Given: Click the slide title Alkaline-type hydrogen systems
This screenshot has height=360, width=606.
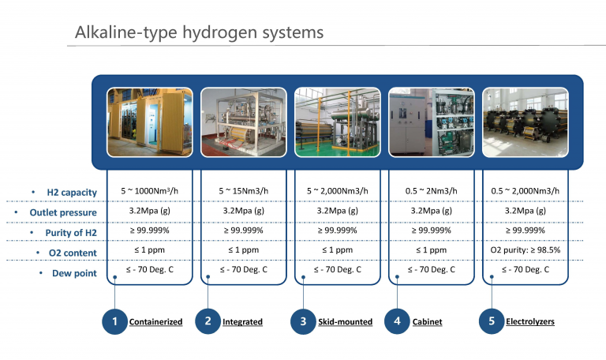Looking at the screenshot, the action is click(x=199, y=32).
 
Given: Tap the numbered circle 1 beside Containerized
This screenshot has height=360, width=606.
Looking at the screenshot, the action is click(x=114, y=321).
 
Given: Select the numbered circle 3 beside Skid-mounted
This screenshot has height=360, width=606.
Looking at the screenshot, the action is click(x=303, y=321).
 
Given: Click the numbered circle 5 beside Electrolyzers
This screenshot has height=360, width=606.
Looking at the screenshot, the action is click(x=492, y=321).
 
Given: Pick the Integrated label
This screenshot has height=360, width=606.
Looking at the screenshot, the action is click(x=242, y=322).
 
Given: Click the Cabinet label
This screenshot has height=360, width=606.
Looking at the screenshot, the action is click(x=427, y=322).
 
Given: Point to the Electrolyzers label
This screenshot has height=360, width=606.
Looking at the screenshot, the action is click(x=530, y=321).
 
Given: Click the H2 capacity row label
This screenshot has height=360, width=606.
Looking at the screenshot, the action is click(x=72, y=192).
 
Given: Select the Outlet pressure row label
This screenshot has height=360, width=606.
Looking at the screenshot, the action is click(x=63, y=212).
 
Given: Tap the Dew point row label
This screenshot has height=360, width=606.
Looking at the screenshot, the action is click(x=75, y=273).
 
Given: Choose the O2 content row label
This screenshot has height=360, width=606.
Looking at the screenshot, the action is click(x=73, y=253).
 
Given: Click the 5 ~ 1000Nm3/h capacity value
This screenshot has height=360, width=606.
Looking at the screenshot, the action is click(x=150, y=190).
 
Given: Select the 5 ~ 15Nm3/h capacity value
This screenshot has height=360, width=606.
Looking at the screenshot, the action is click(x=244, y=190).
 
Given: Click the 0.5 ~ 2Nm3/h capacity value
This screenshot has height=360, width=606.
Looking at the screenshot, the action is click(x=432, y=190).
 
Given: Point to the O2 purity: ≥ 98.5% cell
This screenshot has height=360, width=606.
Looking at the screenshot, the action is click(x=526, y=249).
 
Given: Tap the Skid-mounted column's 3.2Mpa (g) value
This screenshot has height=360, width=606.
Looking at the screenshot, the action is click(x=338, y=211).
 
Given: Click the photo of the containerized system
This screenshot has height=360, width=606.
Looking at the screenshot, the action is click(x=150, y=122).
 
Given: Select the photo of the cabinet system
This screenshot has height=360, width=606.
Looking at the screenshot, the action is click(x=432, y=122).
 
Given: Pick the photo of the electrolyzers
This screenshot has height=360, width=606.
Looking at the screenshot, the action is click(x=526, y=122).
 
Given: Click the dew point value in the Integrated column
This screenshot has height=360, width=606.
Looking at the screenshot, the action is click(x=244, y=269).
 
